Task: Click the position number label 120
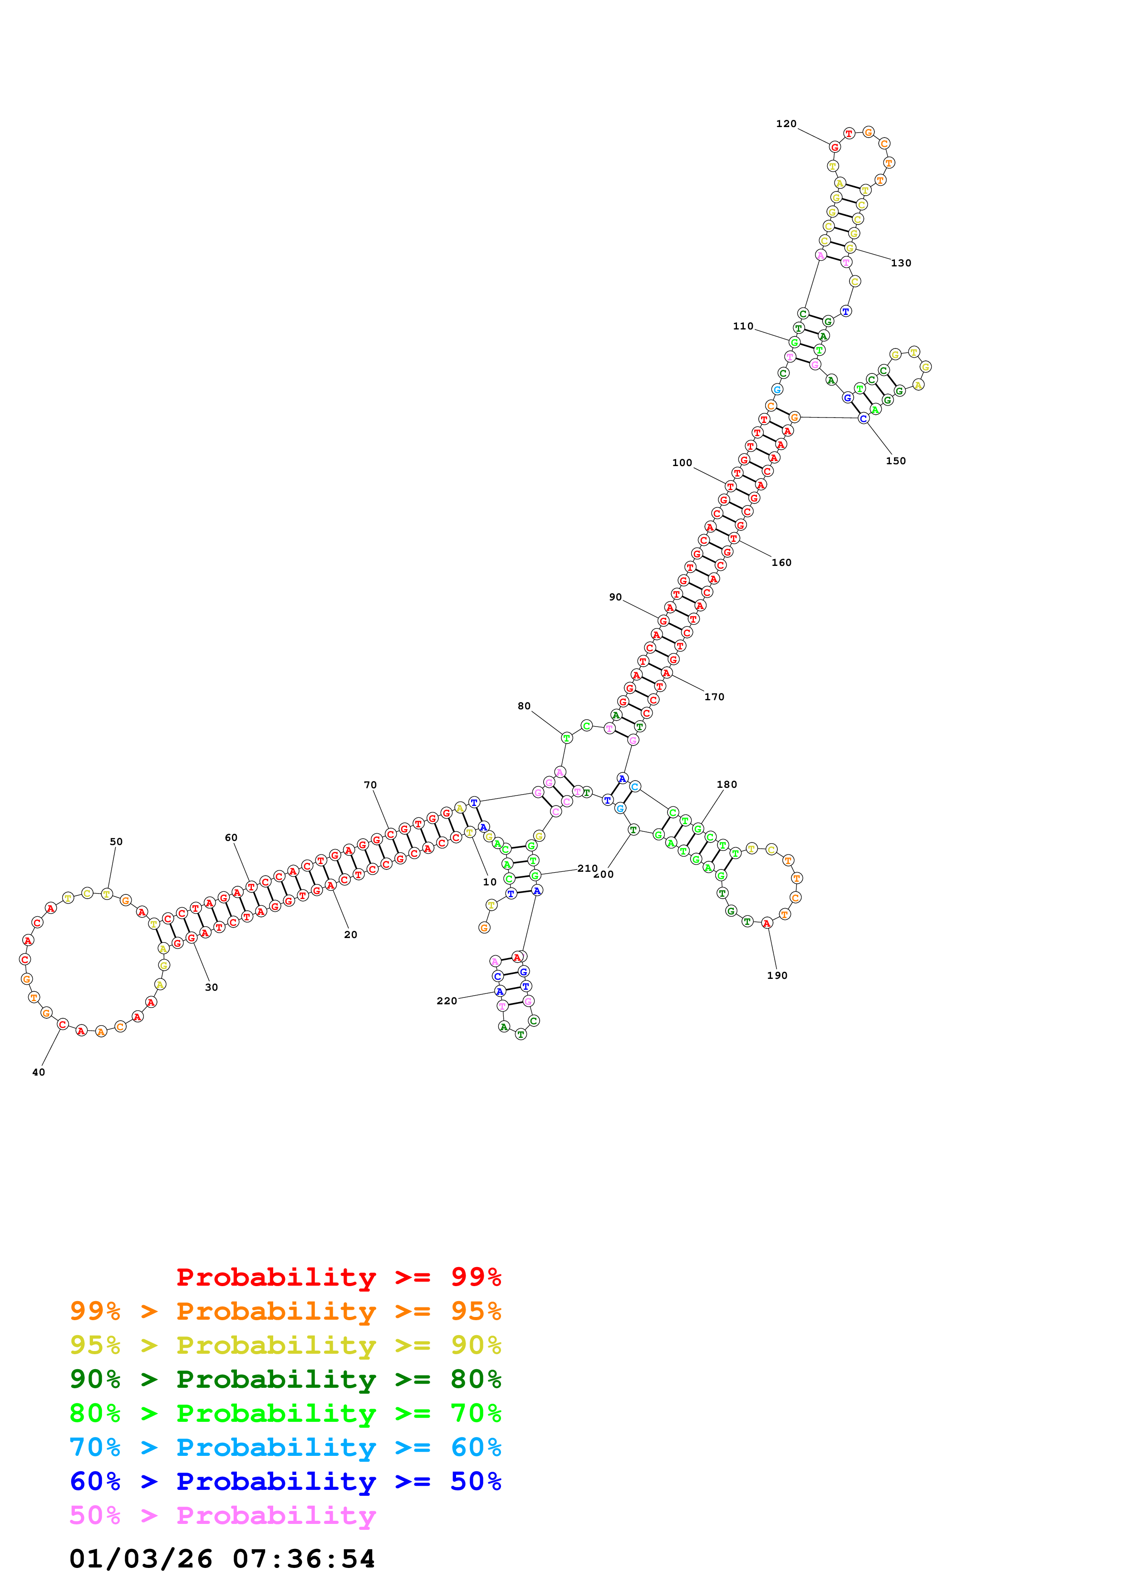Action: pos(786,124)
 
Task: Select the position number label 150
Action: pos(895,461)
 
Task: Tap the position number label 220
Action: pos(447,1001)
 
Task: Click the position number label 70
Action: pos(370,785)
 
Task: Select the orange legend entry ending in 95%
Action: pos(285,1311)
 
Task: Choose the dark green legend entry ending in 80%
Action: pos(285,1379)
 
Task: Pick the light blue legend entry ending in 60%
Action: pos(285,1448)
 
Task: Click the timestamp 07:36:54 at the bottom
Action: pos(304,1559)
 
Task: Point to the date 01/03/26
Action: pos(141,1559)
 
